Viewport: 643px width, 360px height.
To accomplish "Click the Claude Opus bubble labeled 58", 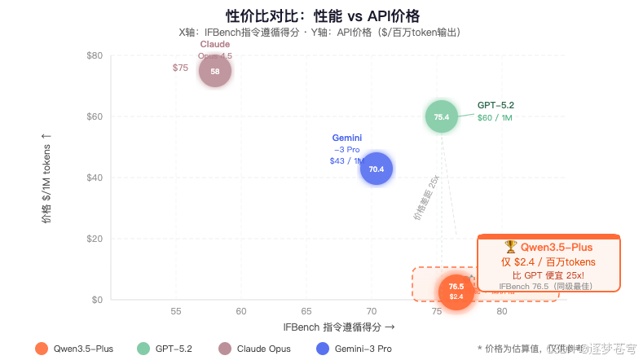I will [x=215, y=71].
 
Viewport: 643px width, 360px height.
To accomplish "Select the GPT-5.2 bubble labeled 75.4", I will [x=442, y=116].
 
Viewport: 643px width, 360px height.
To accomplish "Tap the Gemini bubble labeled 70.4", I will [x=377, y=169].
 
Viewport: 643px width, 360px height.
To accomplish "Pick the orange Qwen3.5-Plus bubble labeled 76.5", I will [x=456, y=291].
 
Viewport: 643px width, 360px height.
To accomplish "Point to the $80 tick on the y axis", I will [x=94, y=55].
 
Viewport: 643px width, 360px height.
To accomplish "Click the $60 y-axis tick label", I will [x=94, y=116].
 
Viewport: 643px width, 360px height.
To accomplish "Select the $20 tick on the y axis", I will [x=94, y=239].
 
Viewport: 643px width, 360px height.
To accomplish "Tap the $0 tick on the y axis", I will [x=96, y=300].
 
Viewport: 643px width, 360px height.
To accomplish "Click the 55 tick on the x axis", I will [x=176, y=312].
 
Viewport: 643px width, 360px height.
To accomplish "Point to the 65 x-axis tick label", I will [x=306, y=312].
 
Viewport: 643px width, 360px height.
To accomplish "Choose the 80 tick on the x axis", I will [x=502, y=312].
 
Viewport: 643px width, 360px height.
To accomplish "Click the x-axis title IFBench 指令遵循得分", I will [x=338, y=327].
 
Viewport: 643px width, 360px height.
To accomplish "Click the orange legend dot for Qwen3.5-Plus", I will [x=42, y=348].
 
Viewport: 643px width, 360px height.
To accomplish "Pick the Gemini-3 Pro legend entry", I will [x=353, y=348].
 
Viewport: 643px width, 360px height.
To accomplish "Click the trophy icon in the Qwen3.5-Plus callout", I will [x=510, y=246].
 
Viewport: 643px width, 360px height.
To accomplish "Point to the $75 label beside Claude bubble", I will [x=180, y=68].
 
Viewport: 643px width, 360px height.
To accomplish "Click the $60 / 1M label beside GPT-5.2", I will [x=495, y=118].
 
